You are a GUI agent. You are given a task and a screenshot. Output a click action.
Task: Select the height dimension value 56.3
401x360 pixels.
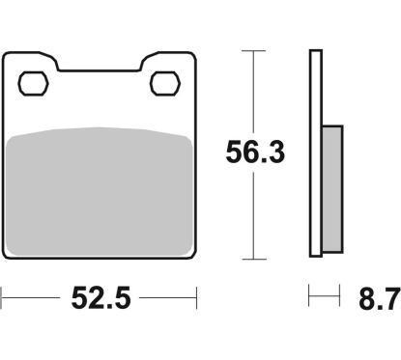[254, 152]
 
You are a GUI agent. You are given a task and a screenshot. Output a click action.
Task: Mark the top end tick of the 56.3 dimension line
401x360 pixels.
[254, 50]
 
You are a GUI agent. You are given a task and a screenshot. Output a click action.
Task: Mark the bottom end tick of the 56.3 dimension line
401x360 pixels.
[254, 258]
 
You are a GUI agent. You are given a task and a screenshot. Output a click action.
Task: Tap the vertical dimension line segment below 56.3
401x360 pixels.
[254, 217]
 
